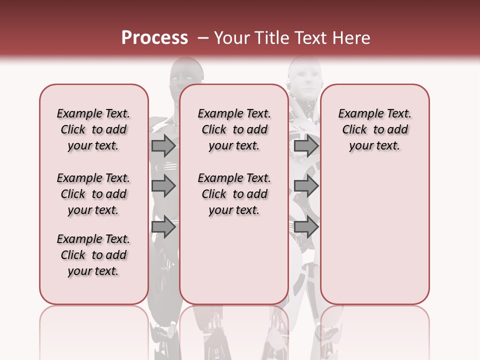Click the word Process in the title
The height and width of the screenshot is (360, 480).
coord(154,38)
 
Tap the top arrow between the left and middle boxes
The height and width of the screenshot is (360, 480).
coord(163,145)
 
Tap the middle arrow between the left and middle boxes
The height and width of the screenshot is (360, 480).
coord(163,186)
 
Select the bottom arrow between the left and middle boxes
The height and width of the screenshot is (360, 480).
coord(163,227)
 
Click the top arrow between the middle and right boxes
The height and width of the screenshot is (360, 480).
coord(306,145)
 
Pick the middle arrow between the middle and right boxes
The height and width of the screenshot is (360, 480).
coord(306,186)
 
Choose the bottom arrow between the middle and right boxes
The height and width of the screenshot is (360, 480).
coord(306,227)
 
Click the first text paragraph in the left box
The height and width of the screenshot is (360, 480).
coord(93,129)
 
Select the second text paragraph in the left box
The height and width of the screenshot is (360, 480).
coord(93,194)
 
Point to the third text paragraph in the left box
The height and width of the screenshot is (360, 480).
coord(93,255)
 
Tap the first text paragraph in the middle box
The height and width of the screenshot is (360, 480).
coord(234,129)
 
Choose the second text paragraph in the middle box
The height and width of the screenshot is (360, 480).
coord(234,194)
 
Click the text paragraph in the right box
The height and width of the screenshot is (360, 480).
coord(374,129)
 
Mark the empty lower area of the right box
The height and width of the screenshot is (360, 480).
coord(374,230)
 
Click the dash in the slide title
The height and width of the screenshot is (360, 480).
coord(202,38)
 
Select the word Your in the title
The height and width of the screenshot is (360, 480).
coord(232,38)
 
